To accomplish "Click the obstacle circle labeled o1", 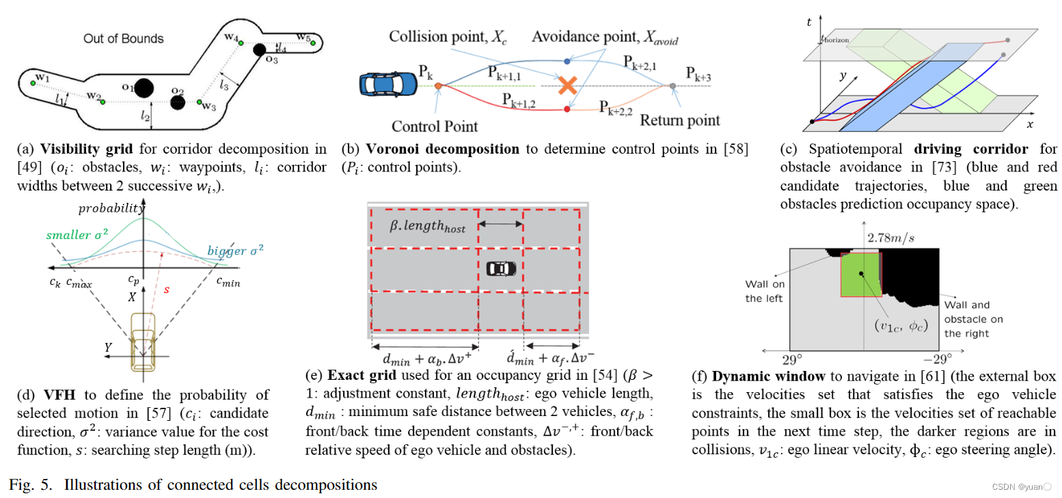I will tap(143, 88).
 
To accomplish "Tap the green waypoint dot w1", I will tap(32, 82).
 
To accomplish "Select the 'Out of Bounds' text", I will tap(123, 38).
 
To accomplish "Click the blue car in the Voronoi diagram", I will tap(387, 84).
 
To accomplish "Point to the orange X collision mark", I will tap(566, 85).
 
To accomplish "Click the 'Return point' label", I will tap(679, 120).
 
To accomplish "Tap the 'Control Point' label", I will tap(435, 126).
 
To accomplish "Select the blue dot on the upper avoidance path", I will tap(567, 61).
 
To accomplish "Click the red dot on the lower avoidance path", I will tap(567, 109).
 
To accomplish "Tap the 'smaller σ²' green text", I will tap(75, 236).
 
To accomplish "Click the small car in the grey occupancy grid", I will tap(501, 268).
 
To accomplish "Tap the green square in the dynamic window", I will tap(860, 275).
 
